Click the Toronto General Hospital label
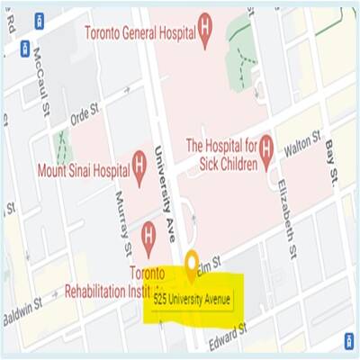coord(140,33)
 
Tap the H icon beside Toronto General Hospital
coord(206,33)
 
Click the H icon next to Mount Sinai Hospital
coord(139,164)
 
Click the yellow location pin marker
coord(191,265)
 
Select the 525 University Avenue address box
coord(191,296)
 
